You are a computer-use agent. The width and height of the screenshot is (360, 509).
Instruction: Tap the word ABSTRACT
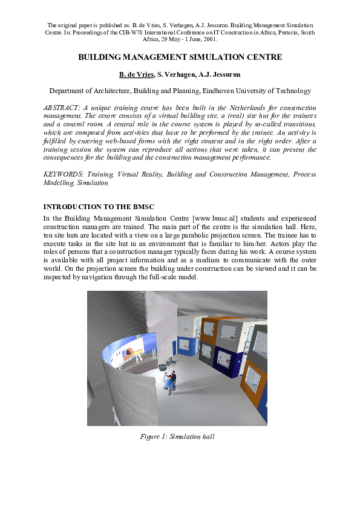(63, 106)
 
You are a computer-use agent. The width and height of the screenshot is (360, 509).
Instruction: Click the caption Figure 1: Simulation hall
(177, 436)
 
